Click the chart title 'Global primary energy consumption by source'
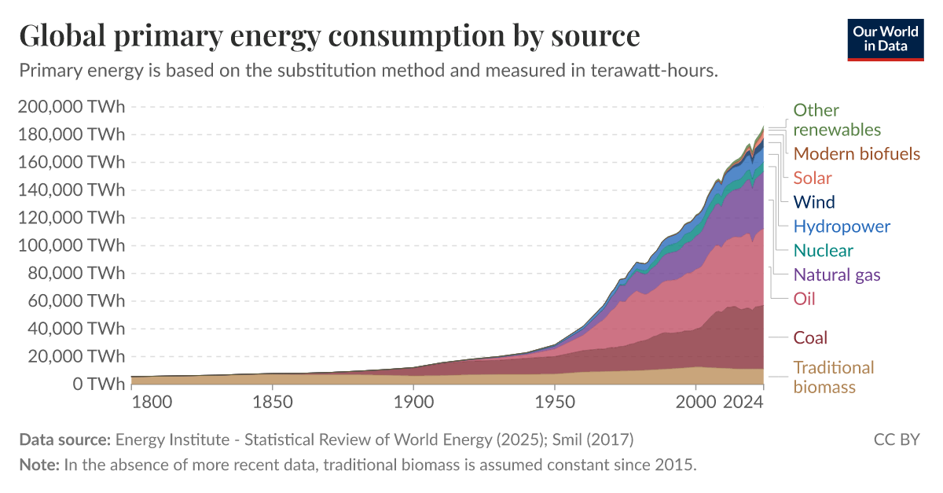coord(329,36)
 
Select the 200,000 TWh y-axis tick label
coord(71,107)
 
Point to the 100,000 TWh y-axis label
coord(71,245)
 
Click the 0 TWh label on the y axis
coord(94,384)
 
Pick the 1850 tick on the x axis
coord(273,403)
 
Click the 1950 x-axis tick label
coord(555,403)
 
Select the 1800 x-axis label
coord(152,403)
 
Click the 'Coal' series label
coord(810,338)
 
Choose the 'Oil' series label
coord(804,299)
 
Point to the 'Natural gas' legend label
coord(837,274)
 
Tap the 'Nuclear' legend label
coord(823,251)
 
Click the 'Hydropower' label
coord(842,226)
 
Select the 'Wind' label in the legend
coord(814,202)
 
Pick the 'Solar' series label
coord(813,178)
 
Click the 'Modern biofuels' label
coord(857,153)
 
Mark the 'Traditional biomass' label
coord(833,377)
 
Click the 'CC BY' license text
coord(897,439)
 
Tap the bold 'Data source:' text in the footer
coord(65,439)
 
